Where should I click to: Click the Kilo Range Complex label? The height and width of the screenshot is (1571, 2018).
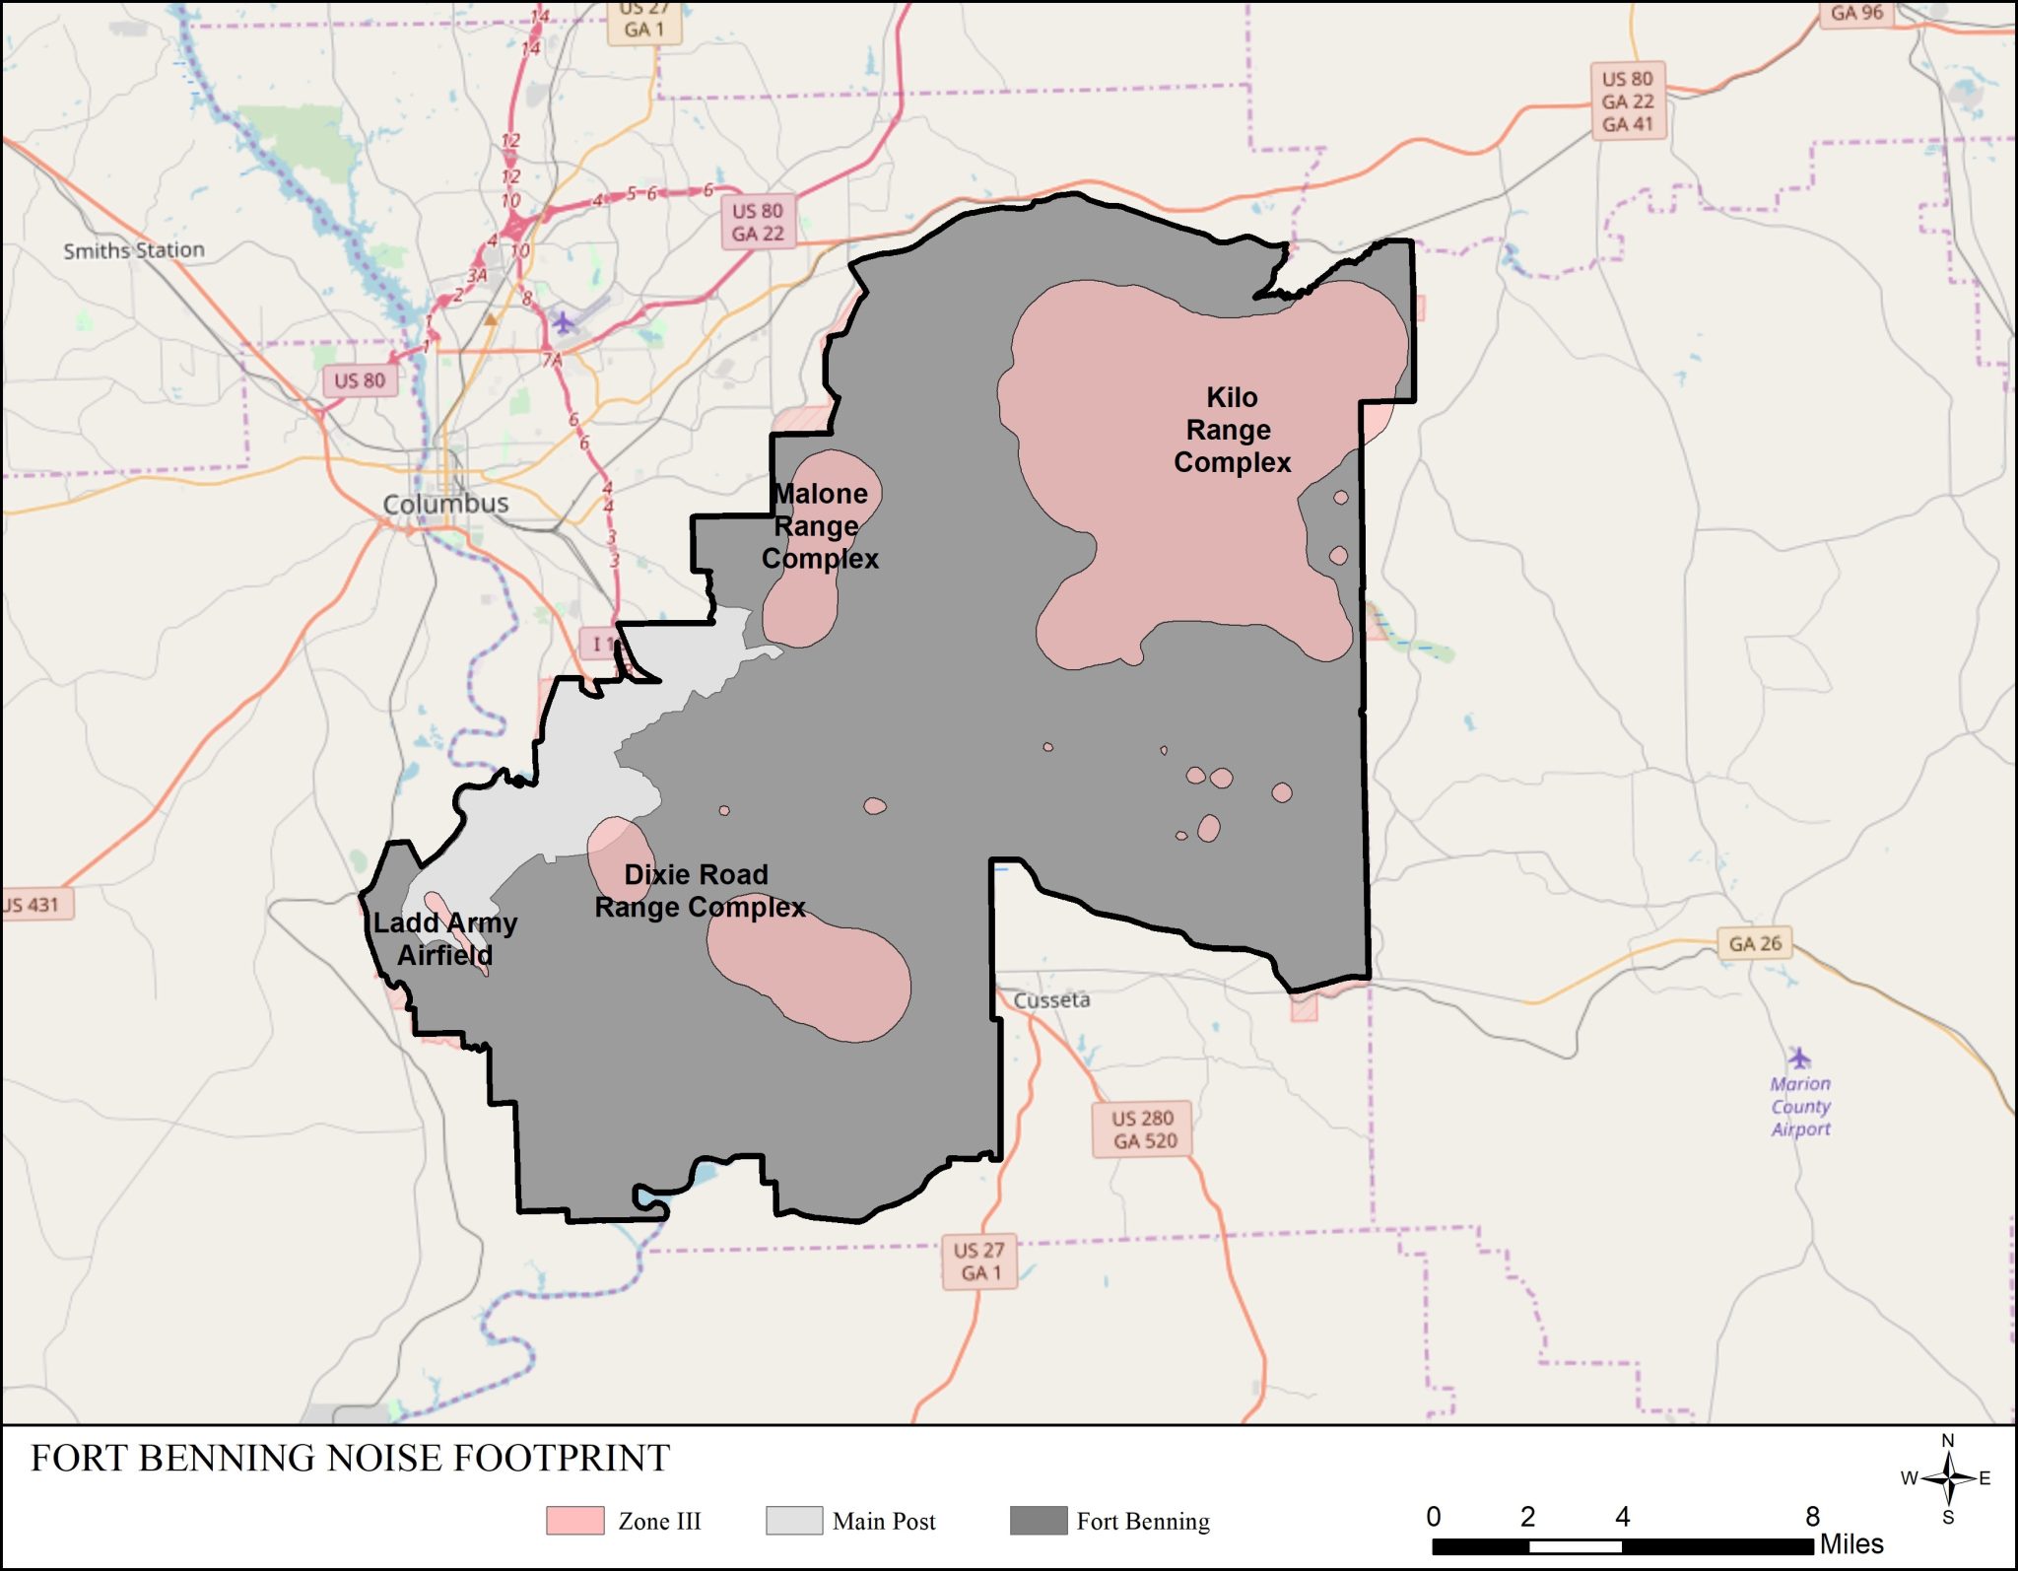[1231, 430]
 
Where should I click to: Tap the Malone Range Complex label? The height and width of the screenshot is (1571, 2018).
[819, 526]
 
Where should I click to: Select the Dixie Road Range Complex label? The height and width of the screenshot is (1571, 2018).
[699, 891]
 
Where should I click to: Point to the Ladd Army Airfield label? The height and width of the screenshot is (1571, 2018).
[444, 938]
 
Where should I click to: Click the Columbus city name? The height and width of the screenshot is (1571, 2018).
[445, 504]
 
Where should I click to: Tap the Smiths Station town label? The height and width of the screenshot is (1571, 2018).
[134, 250]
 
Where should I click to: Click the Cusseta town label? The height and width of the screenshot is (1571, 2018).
[1051, 1000]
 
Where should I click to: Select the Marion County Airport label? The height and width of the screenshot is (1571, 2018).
[1800, 1107]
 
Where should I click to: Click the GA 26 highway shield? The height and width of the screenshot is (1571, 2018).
[1754, 943]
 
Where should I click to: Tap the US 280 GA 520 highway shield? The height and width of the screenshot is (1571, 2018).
[1143, 1129]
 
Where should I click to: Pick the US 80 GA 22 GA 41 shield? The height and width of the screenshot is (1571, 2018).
[1627, 102]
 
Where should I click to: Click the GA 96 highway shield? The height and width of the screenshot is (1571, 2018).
[1856, 14]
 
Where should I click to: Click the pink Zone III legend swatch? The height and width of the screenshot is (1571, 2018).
[575, 1521]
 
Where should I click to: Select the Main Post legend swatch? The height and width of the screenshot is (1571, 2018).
[794, 1521]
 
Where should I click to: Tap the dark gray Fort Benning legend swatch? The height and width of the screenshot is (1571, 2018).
[1039, 1521]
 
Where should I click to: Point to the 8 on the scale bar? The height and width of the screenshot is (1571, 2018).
[1811, 1516]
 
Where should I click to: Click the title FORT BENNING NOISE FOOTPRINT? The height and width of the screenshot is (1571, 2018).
[350, 1459]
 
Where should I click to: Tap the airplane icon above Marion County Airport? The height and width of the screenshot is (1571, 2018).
[1799, 1059]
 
